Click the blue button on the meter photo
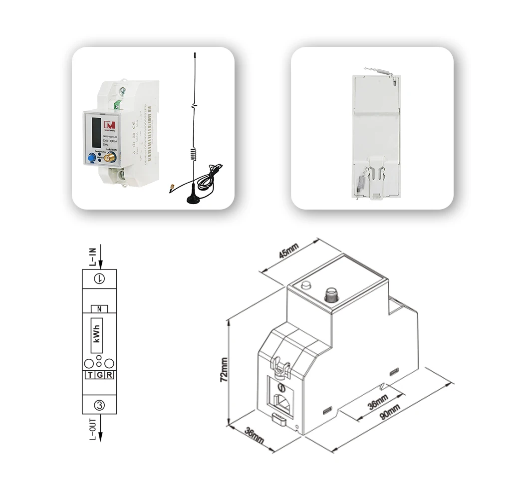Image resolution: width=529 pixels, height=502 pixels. (x=92, y=158)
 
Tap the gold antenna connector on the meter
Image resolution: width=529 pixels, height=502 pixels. (x=110, y=158)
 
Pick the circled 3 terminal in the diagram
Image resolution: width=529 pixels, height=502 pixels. (x=99, y=405)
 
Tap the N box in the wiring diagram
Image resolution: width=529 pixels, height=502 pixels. (x=99, y=309)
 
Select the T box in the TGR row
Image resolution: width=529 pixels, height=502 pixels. (x=90, y=375)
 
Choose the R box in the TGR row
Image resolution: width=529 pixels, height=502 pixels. (x=109, y=375)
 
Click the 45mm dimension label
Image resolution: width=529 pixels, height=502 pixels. (x=288, y=251)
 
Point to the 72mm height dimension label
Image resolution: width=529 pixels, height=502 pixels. (x=224, y=370)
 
